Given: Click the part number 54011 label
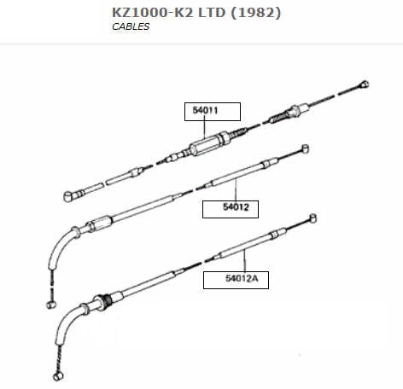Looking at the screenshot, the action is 205,110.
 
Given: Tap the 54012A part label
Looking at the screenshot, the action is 242,278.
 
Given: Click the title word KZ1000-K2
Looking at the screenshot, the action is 153,13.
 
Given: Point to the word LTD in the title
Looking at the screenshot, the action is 212,13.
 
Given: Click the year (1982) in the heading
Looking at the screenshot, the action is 255,13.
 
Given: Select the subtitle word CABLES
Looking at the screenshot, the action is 131,26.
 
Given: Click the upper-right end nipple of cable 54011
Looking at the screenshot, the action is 364,84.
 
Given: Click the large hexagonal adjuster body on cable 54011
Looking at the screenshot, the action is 208,144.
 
